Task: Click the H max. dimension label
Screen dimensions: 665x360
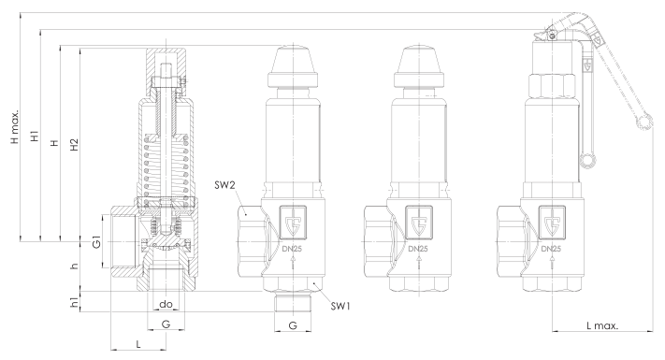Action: pyautogui.click(x=15, y=127)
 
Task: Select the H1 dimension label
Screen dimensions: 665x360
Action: pyautogui.click(x=35, y=137)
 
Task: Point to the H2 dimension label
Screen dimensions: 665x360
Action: pyautogui.click(x=74, y=145)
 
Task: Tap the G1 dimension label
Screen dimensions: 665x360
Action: pyautogui.click(x=97, y=241)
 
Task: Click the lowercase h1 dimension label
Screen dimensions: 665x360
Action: pyautogui.click(x=74, y=302)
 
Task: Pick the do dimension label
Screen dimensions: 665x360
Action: pyautogui.click(x=166, y=304)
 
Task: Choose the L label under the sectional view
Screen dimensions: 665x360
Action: pyautogui.click(x=138, y=344)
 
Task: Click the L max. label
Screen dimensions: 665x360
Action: pyautogui.click(x=602, y=325)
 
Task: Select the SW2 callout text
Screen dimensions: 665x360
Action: pyautogui.click(x=224, y=185)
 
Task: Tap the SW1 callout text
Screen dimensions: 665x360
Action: pyautogui.click(x=340, y=306)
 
